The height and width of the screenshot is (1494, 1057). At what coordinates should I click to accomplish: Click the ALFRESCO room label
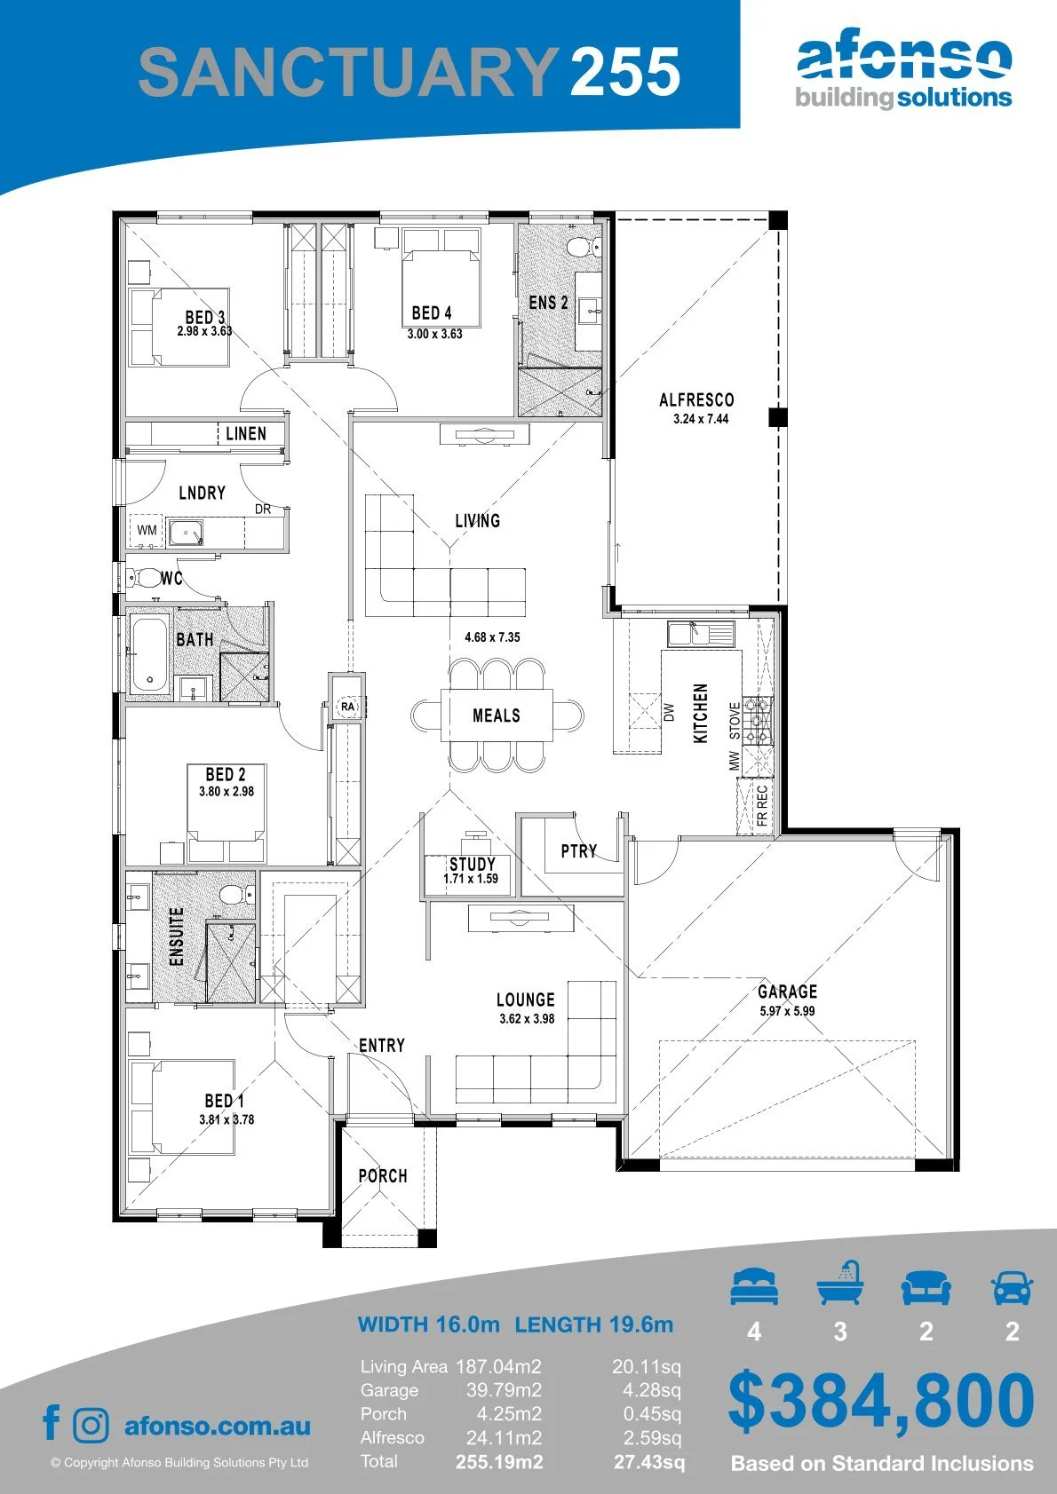(x=696, y=400)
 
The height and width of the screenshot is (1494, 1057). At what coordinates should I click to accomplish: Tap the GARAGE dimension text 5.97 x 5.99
(x=787, y=1011)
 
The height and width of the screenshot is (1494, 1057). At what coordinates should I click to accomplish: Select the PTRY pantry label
(x=578, y=851)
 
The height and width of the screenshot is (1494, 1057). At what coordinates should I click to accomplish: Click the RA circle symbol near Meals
(x=347, y=707)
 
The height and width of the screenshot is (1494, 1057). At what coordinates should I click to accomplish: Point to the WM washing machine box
(x=147, y=530)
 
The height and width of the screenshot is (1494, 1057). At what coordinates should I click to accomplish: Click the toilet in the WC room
(x=144, y=578)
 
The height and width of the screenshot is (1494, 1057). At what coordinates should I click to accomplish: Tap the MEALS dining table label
(x=497, y=715)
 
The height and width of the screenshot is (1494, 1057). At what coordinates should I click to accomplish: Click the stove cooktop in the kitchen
(x=758, y=721)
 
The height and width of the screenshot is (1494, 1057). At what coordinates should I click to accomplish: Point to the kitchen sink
(x=701, y=634)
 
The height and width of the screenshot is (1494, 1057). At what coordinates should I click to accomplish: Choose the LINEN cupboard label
(x=245, y=433)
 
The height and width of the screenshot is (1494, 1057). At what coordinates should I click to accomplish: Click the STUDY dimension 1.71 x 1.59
(x=471, y=879)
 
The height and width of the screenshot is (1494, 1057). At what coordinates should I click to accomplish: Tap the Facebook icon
(x=52, y=1422)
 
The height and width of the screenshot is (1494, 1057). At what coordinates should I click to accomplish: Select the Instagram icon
(x=91, y=1424)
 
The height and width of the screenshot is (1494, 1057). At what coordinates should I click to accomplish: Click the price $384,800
(x=881, y=1401)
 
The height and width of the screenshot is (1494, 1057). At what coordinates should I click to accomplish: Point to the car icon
(x=1013, y=1286)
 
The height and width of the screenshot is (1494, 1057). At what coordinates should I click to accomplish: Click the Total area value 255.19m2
(x=499, y=1462)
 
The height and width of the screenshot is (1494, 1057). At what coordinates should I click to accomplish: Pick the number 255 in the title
(x=625, y=71)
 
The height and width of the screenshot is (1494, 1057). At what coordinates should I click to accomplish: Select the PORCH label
(x=383, y=1176)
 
